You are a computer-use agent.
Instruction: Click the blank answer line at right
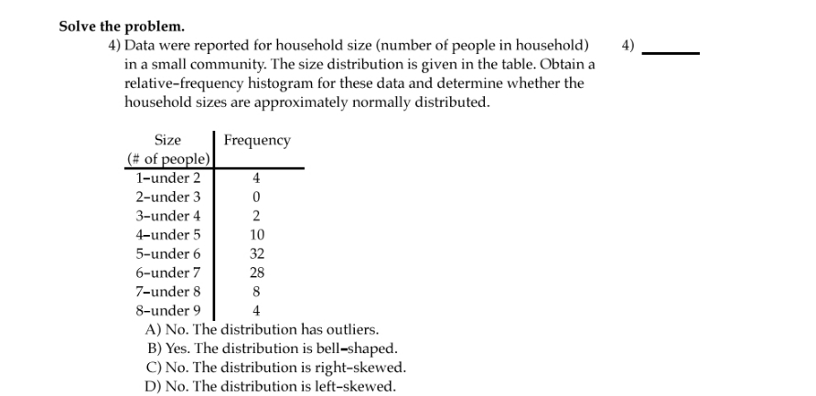671,53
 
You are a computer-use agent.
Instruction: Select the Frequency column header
257,140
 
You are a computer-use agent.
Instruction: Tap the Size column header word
167,140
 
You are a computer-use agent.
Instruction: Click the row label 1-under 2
167,178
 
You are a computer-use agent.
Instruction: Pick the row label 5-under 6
167,253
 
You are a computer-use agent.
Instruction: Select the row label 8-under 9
167,310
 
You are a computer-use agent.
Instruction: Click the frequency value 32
257,253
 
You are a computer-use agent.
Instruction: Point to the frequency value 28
257,273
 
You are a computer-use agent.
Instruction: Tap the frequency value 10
257,235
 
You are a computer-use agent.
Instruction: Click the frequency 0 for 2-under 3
257,198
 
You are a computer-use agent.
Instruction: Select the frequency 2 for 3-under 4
257,217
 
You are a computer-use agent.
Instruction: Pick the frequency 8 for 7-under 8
257,292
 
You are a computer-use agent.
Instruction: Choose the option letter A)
154,329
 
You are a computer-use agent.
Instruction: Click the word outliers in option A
349,329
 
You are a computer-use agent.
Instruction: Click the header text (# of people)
168,158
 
